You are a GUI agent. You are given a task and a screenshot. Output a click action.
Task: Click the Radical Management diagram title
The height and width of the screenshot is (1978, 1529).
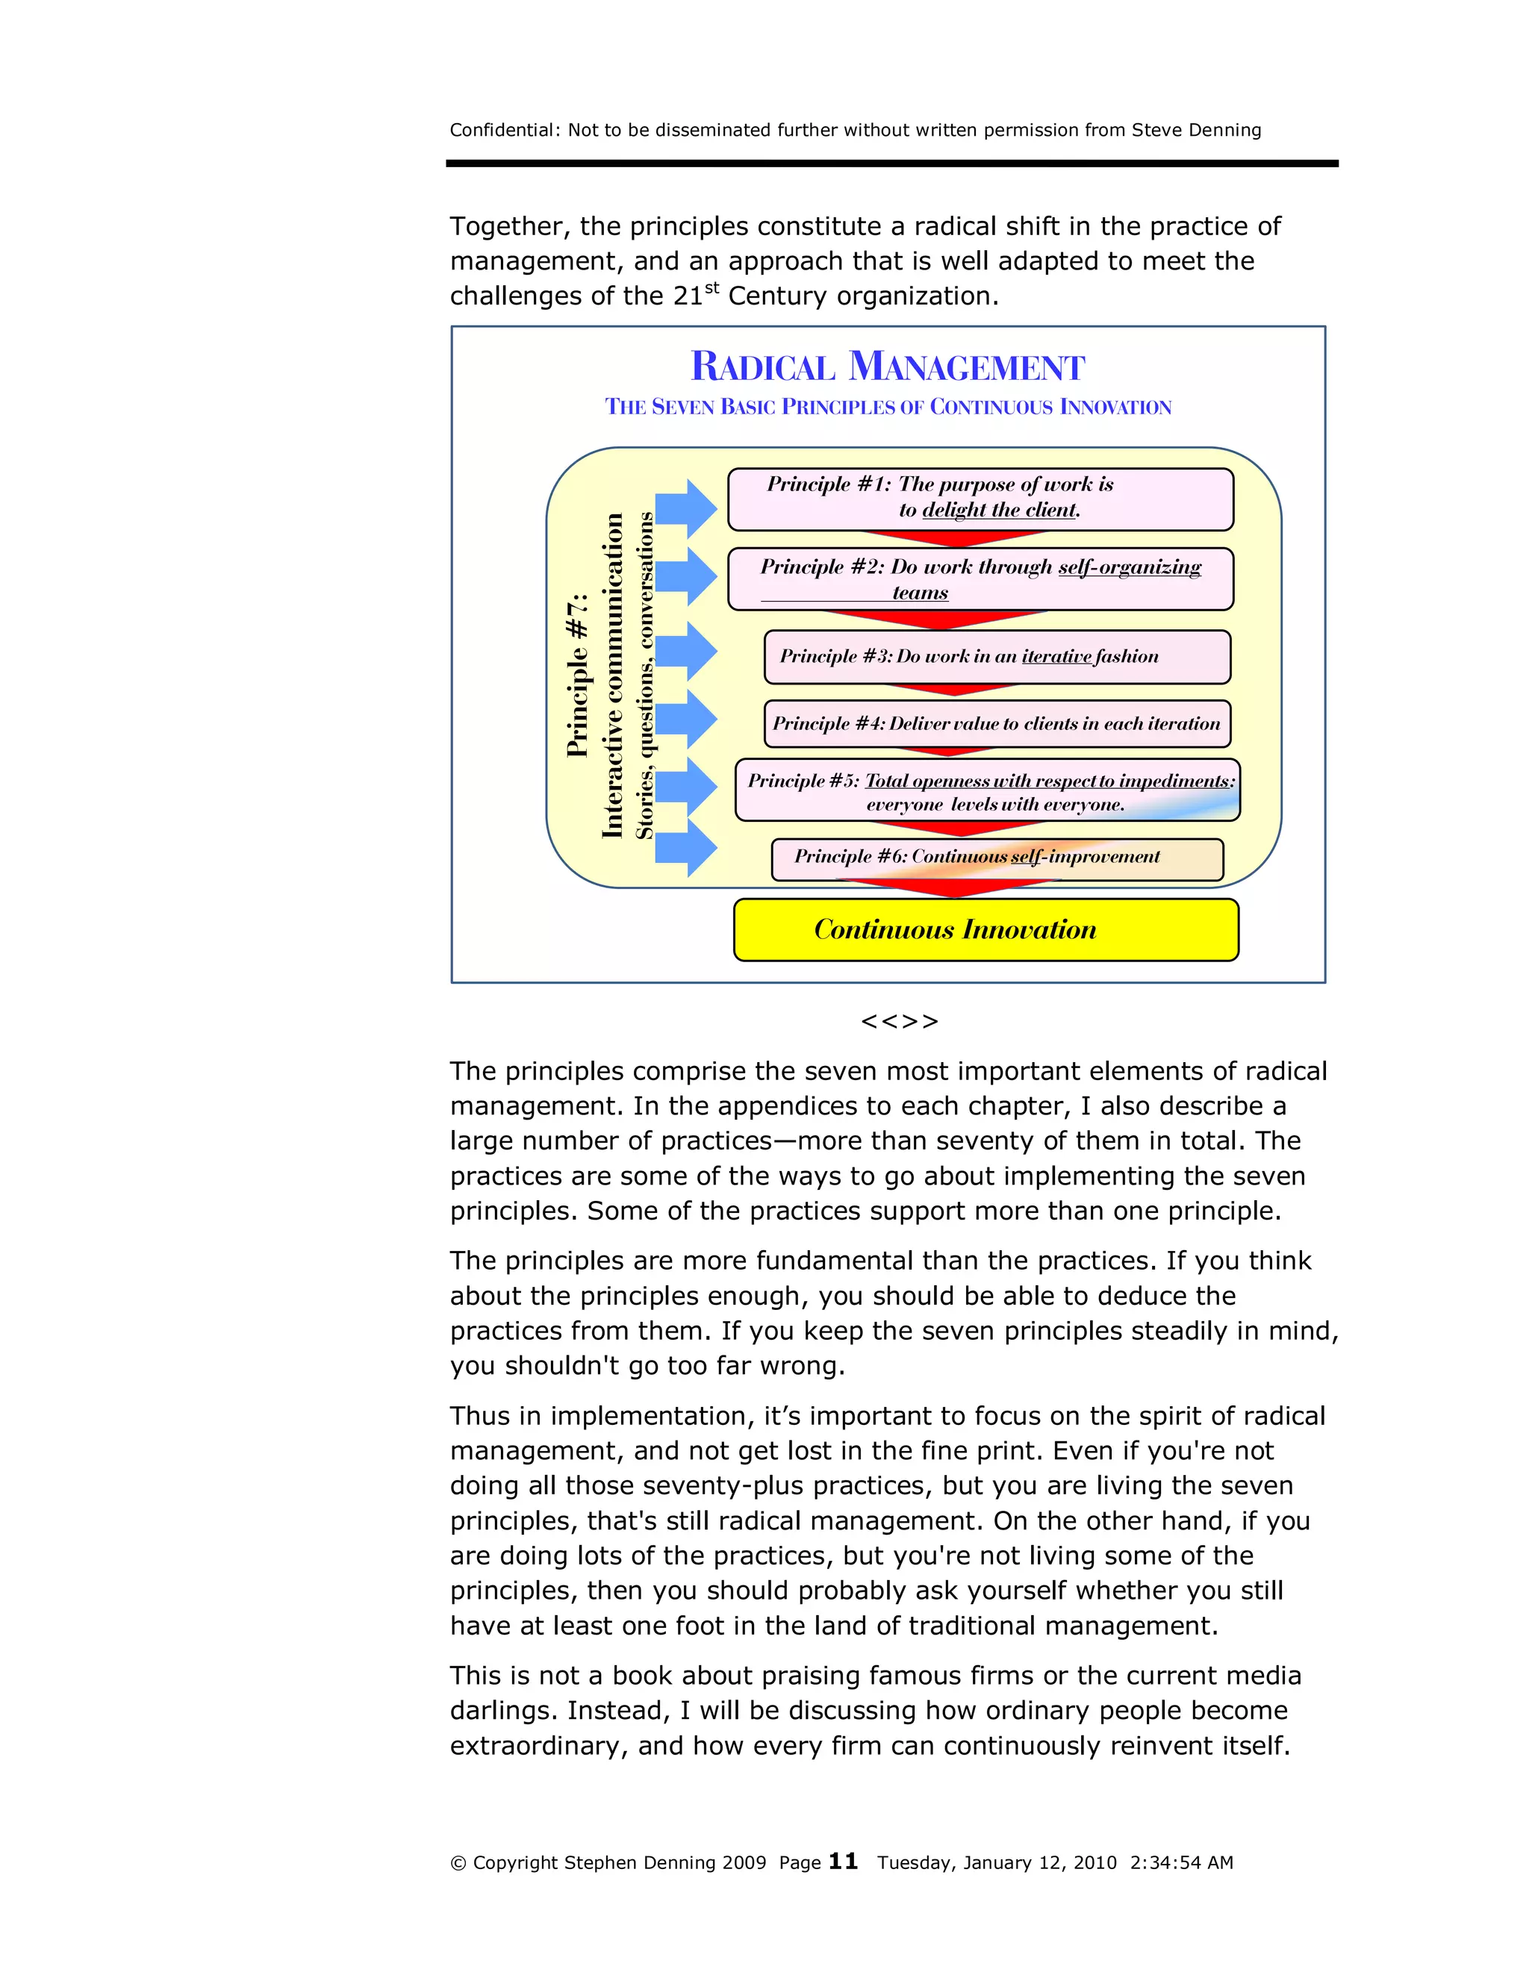point(887,366)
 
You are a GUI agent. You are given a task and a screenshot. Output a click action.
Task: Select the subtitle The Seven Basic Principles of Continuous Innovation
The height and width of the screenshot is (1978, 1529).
point(887,407)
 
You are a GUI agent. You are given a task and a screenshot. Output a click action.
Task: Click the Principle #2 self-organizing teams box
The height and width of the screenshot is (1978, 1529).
point(980,578)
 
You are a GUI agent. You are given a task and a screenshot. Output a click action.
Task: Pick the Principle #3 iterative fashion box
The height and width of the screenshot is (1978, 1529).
point(997,657)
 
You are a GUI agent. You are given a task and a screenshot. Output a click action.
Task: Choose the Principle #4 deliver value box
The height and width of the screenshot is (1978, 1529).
point(997,723)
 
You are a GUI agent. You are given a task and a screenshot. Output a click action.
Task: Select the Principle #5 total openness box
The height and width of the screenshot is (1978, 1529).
point(987,790)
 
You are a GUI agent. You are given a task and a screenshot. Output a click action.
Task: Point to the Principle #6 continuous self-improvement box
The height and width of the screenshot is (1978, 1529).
point(997,858)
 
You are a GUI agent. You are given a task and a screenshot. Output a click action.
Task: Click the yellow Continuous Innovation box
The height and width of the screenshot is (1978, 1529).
point(985,929)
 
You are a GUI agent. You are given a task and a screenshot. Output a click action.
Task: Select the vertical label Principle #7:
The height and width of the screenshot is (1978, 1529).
point(578,675)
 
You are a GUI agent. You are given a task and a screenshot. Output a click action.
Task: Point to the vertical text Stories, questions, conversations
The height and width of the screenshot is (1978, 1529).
point(644,675)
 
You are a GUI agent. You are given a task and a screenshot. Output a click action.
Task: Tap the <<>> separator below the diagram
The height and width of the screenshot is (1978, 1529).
point(899,1022)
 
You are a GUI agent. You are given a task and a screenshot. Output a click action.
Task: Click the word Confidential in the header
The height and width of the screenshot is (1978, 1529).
point(502,130)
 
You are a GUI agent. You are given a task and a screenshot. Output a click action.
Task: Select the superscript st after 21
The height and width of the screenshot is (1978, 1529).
point(712,287)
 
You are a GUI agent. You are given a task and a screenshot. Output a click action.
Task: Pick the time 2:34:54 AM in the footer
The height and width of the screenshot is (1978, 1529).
point(1181,1862)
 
